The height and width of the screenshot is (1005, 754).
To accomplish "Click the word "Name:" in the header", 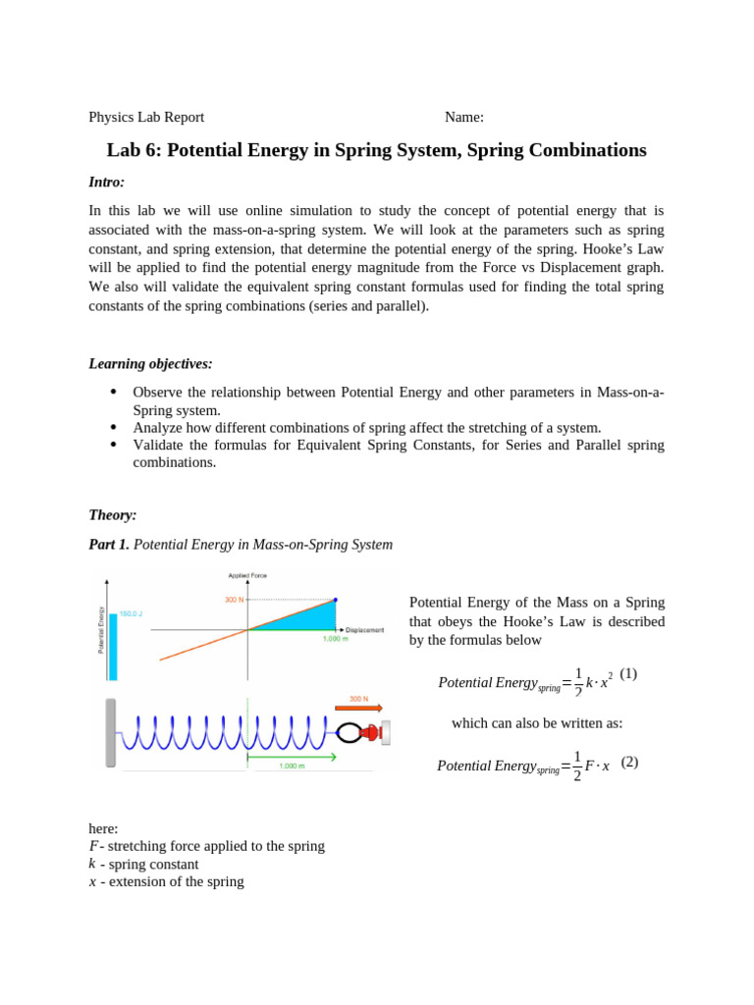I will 463,118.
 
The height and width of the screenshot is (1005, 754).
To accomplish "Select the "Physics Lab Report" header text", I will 146,118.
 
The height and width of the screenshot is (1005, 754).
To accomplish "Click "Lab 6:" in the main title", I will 135,151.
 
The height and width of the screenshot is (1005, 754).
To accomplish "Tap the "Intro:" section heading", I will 106,183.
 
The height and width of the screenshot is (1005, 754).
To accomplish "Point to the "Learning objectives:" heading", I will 150,364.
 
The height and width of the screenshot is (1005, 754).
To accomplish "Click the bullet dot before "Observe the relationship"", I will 114,392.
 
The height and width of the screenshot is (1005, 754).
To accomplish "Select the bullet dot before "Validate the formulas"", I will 114,445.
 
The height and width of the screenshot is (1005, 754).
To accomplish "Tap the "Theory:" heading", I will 113,515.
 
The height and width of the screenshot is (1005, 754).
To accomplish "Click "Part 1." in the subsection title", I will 109,545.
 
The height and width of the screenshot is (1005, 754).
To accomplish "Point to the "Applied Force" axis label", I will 247,575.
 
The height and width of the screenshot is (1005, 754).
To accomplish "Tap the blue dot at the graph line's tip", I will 335,600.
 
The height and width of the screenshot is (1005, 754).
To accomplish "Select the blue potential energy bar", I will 113,646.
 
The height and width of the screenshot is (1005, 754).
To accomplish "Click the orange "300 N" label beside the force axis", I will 234,600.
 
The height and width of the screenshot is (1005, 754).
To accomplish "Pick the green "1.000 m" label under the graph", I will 336,639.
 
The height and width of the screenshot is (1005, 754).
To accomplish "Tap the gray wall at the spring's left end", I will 111,732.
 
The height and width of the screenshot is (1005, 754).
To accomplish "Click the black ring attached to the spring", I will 348,732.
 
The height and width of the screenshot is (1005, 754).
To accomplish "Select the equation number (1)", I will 628,673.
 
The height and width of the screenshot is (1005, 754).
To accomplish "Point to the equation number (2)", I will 629,762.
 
